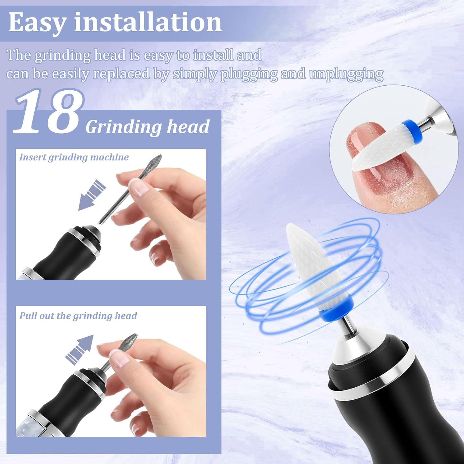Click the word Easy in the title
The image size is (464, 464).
tap(37, 22)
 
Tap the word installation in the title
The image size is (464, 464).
tap(148, 22)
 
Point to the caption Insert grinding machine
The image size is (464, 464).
tap(74, 157)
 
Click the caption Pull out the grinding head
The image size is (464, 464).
tap(78, 316)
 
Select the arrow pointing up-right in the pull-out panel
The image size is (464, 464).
tap(80, 349)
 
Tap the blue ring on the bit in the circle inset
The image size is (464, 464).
tap(411, 130)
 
